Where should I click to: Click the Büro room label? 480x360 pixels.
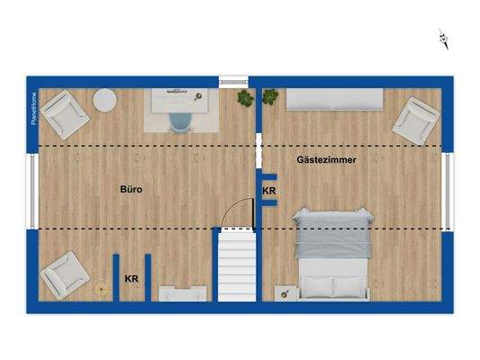click(132, 190)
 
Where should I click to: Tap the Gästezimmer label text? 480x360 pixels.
click(327, 159)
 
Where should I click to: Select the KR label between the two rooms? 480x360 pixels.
click(268, 192)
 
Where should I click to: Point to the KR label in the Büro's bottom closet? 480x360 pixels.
click(131, 280)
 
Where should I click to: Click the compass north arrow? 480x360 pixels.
click(443, 38)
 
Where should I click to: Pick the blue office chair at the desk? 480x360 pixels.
click(180, 121)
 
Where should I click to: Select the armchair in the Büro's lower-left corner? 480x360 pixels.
click(63, 274)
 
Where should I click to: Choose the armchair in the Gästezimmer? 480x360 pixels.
click(415, 119)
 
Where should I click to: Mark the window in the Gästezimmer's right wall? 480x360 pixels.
click(448, 191)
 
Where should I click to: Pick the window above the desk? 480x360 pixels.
click(232, 80)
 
